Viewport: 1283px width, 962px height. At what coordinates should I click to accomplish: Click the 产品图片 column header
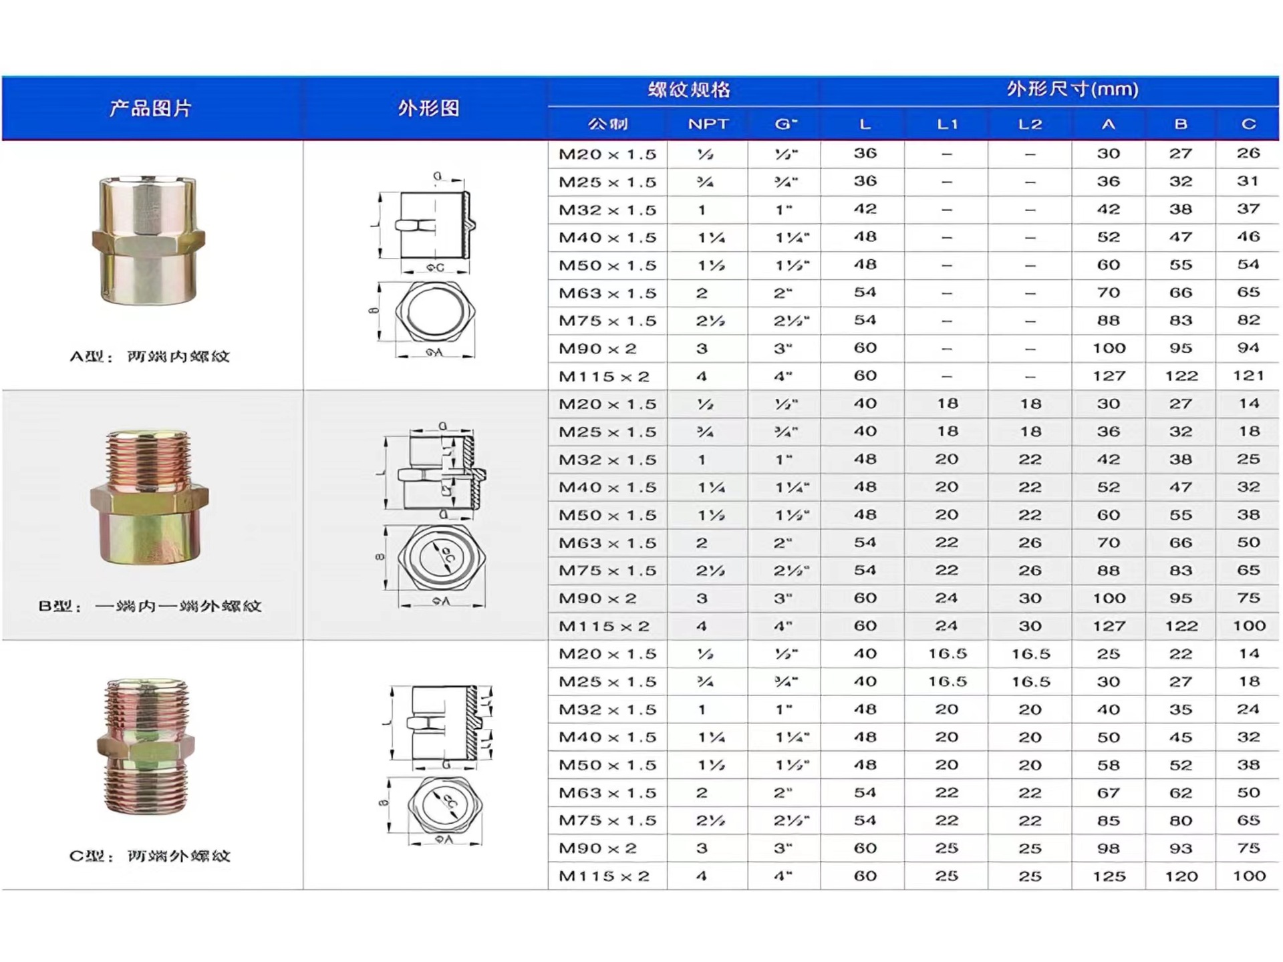point(150,108)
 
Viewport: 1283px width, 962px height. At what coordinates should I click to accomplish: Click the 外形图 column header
point(428,108)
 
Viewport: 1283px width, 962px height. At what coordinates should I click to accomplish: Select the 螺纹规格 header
point(688,90)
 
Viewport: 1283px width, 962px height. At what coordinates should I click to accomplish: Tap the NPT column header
point(708,124)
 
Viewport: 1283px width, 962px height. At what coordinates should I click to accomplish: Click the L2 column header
point(1030,124)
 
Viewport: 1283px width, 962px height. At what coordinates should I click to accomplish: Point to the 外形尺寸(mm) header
point(1072,90)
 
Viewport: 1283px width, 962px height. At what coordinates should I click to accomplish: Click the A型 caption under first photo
point(150,356)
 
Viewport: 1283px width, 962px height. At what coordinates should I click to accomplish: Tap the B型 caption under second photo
point(150,606)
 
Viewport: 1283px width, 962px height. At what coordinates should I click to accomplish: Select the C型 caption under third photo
point(150,856)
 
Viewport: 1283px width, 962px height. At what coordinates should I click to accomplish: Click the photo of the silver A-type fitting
point(148,239)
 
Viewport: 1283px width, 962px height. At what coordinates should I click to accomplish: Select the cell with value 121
point(1248,375)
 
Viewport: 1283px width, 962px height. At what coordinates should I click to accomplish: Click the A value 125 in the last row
point(1109,876)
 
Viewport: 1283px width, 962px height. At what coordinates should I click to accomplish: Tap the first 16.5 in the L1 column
point(947,654)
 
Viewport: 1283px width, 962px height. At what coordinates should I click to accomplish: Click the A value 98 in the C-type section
point(1109,848)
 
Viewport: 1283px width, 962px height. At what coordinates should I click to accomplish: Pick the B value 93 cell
point(1180,848)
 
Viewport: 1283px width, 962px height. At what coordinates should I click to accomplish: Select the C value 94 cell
point(1248,348)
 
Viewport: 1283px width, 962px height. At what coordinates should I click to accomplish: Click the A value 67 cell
point(1109,793)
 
